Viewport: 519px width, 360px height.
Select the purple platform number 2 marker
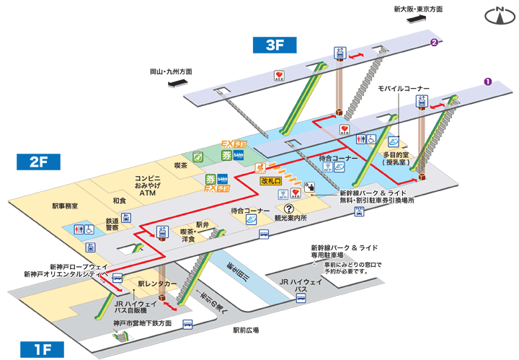pyautogui.click(x=434, y=43)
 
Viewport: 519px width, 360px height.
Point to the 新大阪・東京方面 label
pyautogui.click(x=418, y=9)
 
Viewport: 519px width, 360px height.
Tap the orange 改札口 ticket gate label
pyautogui.click(x=270, y=181)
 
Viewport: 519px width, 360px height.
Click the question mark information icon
pyautogui.click(x=288, y=206)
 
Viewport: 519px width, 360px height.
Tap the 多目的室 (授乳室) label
pyautogui.click(x=396, y=159)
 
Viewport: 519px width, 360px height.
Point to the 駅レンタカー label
pyautogui.click(x=157, y=284)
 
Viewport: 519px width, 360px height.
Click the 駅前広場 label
pyautogui.click(x=245, y=330)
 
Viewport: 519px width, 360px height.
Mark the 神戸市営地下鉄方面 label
pyautogui.click(x=142, y=323)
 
